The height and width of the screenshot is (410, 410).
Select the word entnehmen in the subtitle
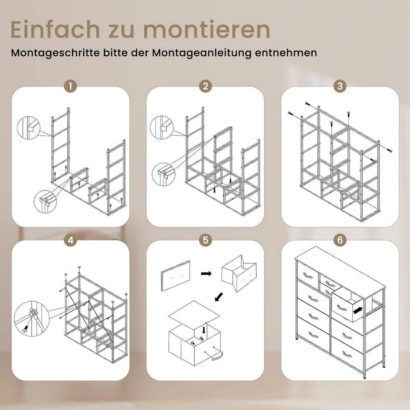286,53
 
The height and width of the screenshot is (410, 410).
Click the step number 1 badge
70,86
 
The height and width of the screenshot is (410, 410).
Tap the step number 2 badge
205,86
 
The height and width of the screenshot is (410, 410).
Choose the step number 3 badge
340,86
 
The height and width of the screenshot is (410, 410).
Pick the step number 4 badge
70,240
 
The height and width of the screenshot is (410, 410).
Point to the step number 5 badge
205,240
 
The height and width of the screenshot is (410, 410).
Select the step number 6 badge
340,240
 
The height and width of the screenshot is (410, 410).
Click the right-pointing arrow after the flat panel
206,273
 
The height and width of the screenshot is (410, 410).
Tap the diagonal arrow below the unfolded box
219,297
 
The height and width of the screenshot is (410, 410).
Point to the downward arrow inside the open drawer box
204,336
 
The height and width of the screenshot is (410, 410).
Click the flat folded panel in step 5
175,276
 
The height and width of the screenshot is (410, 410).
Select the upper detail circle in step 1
28,128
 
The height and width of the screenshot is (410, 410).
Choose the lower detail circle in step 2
163,175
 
